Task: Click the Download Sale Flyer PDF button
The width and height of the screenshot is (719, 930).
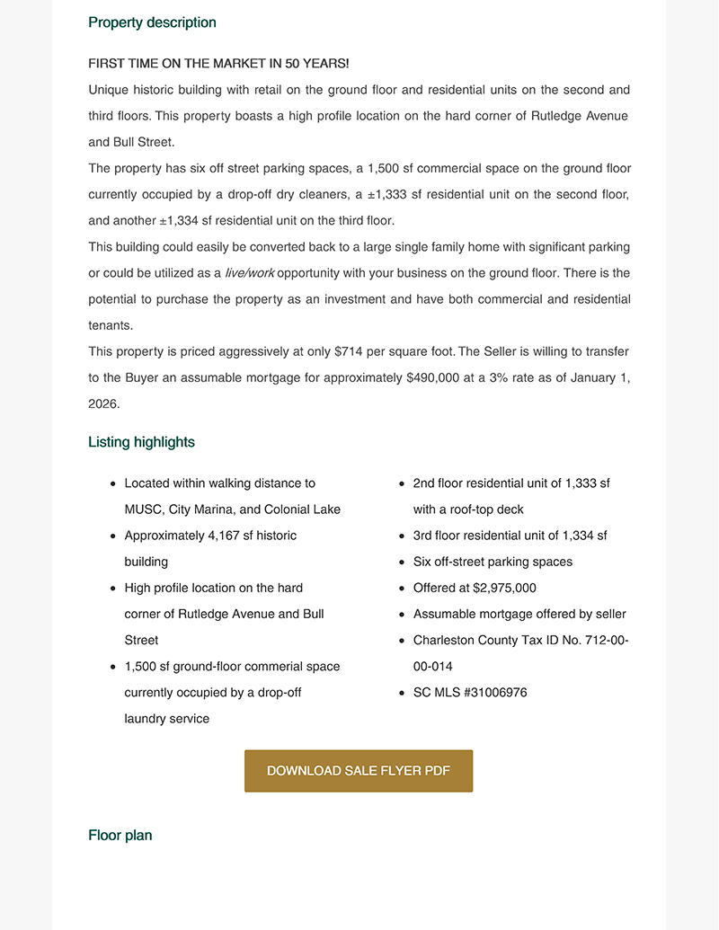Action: point(359,771)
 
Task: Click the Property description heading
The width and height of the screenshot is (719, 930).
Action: point(152,22)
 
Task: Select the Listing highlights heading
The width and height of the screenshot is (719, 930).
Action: point(141,442)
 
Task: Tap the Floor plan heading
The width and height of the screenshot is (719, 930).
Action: point(120,836)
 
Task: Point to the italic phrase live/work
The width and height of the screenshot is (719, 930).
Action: point(250,273)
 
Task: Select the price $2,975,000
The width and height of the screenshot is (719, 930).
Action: point(504,589)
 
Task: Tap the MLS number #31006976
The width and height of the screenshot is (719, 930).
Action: point(493,693)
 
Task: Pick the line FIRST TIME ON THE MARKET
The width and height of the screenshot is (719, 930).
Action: point(218,64)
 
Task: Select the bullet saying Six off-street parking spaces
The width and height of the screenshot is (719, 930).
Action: point(493,562)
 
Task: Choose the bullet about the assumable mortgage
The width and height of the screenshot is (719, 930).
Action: point(519,615)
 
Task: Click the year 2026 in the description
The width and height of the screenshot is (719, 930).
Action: point(103,404)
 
